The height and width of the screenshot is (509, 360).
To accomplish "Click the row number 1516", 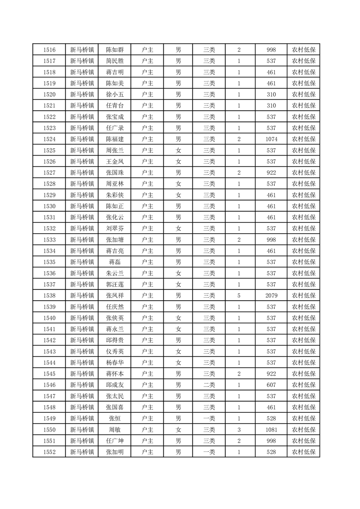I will click(x=49, y=50).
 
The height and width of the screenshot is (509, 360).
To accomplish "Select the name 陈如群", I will click(x=115, y=50).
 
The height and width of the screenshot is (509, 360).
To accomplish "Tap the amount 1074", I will click(x=271, y=139).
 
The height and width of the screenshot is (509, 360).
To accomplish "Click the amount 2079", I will click(x=271, y=295).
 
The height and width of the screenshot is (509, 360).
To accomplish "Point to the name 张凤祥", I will click(x=115, y=295).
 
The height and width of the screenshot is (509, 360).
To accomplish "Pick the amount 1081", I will click(x=271, y=429).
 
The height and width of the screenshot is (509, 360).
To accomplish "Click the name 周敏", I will click(x=115, y=429).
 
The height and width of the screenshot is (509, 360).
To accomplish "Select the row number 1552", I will click(x=49, y=452).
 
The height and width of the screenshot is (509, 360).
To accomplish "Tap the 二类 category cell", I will click(x=209, y=385).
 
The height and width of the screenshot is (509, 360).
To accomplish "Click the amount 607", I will click(x=271, y=385).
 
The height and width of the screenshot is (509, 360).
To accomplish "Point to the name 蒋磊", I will click(x=115, y=262).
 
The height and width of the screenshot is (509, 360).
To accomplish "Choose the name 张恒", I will click(x=115, y=418).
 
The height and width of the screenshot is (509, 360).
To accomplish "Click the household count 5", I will click(x=239, y=295).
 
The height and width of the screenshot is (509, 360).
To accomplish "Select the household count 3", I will click(x=239, y=429).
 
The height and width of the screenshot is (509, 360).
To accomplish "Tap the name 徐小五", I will click(x=115, y=94).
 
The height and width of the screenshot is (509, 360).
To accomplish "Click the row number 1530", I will click(x=49, y=206).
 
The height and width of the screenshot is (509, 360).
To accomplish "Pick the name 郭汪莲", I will click(x=115, y=284).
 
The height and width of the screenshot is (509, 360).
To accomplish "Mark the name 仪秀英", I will click(x=115, y=351).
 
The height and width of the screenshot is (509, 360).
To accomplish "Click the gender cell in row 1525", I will click(x=178, y=150).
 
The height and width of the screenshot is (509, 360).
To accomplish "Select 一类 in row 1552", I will click(x=209, y=452).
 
